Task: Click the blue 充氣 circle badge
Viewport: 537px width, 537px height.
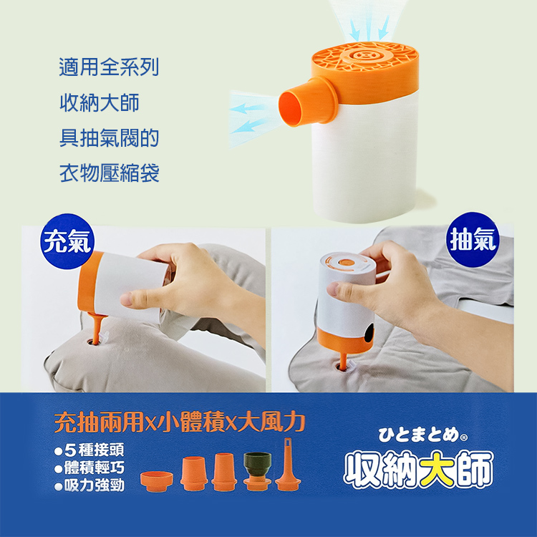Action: (66, 243)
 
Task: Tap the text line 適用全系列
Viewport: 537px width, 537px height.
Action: (108, 69)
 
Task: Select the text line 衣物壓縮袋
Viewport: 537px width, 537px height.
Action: (108, 173)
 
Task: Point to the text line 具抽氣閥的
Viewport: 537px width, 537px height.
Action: (108, 137)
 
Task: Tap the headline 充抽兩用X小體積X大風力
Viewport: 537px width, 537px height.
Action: (180, 422)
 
